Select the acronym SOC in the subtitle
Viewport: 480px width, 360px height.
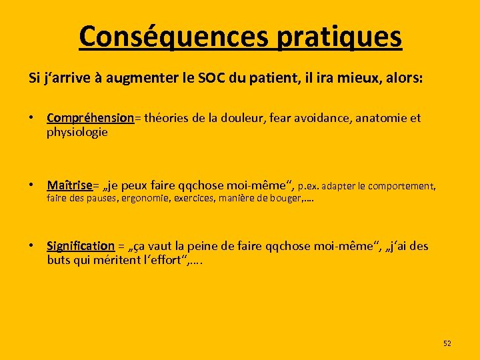(213, 78)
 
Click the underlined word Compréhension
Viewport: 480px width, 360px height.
(90, 118)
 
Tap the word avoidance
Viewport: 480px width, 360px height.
(319, 118)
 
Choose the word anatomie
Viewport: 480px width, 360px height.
(381, 118)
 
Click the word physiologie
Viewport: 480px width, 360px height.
(77, 131)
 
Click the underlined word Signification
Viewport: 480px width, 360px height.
(80, 246)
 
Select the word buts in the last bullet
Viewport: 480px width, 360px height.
(58, 259)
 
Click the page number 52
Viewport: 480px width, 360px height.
(447, 343)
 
